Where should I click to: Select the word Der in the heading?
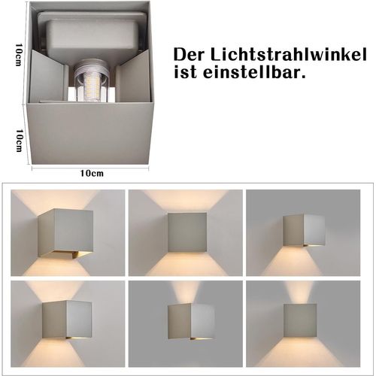click(x=191, y=55)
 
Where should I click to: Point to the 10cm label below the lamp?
click(x=91, y=173)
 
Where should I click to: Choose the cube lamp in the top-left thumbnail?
click(x=65, y=232)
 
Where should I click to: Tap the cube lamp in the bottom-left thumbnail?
click(x=66, y=318)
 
